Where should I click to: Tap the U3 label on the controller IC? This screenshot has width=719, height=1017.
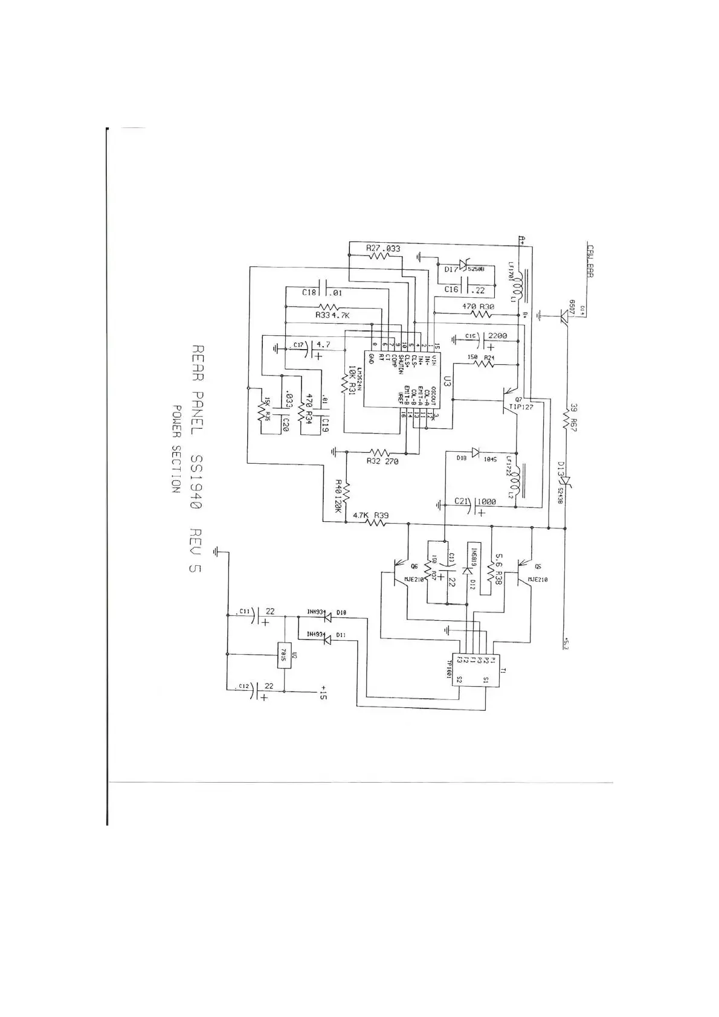click(x=447, y=381)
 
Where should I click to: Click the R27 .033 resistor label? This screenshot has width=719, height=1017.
click(x=382, y=248)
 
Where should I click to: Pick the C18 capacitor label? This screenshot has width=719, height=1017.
click(x=309, y=292)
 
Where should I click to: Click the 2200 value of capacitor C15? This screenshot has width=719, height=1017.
click(x=497, y=335)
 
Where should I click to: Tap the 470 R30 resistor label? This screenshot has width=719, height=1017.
click(x=479, y=307)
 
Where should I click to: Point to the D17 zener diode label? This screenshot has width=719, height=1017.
click(x=451, y=270)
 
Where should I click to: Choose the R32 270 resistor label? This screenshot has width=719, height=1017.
click(x=382, y=461)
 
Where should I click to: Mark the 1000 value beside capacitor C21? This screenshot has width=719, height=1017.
click(x=486, y=501)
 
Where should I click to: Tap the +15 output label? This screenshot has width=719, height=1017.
click(x=323, y=692)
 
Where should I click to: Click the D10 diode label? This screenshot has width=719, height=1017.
click(x=341, y=613)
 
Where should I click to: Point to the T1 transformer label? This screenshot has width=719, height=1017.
click(x=503, y=670)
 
